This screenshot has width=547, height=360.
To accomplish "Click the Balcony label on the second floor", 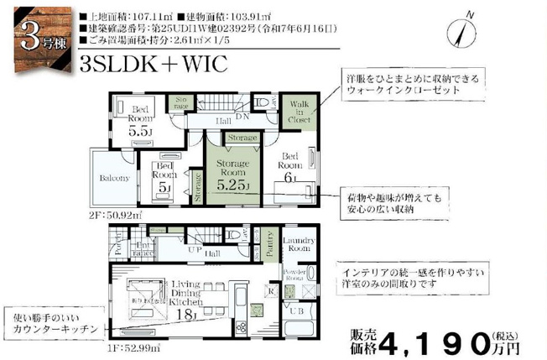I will (114, 178).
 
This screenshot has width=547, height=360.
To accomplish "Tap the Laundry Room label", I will (298, 244).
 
